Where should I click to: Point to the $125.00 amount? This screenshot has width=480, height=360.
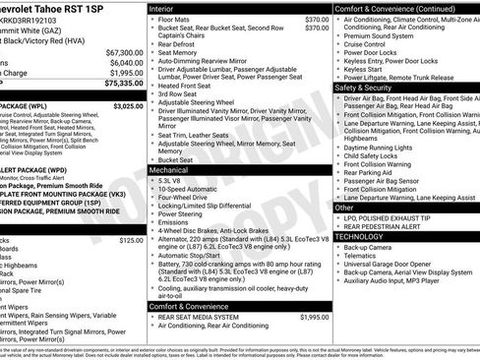[x=131, y=240]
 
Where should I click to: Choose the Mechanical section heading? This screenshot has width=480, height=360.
[x=168, y=169]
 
